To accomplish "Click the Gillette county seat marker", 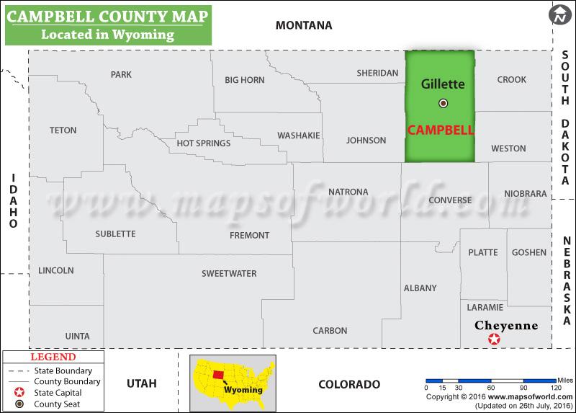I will click(443, 103).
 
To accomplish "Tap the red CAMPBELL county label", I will click(441, 130).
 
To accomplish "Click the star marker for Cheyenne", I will click(494, 339).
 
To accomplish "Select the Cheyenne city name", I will click(505, 325).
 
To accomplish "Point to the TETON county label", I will click(63, 130).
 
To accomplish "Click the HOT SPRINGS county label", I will click(204, 143).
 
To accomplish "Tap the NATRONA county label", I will click(348, 192).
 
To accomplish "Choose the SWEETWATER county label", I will click(229, 273).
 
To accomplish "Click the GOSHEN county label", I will click(528, 252).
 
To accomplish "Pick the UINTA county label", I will click(77, 336).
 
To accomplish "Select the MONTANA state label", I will click(304, 25).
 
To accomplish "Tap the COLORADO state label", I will click(348, 383).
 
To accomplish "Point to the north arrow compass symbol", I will click(559, 14).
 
